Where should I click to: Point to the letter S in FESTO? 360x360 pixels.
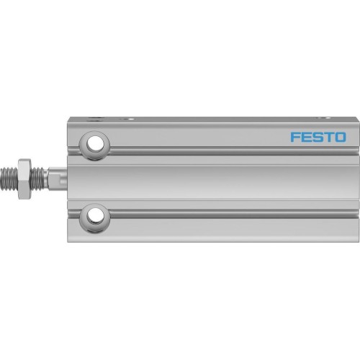318,137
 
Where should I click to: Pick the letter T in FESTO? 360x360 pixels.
328,137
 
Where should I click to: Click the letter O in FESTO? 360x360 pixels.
340,137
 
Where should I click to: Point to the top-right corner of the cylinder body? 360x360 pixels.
355,116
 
